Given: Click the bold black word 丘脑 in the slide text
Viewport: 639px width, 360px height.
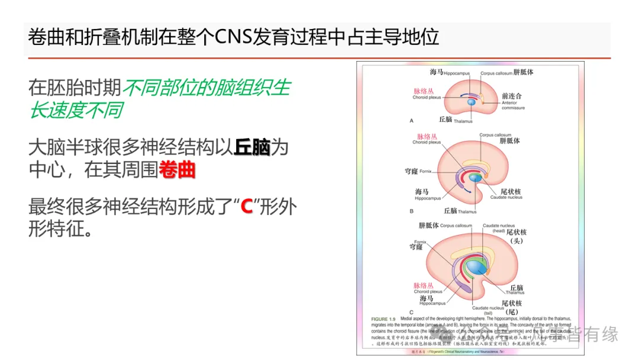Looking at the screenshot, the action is tap(252, 146).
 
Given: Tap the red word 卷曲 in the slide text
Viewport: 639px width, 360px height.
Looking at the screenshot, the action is tap(177, 171).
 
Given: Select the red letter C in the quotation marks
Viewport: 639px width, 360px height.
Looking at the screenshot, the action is tap(247, 207).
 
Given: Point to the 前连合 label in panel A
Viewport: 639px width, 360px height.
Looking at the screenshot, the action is tap(511, 95).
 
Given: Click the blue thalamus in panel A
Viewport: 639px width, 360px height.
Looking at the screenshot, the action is tap(471, 102).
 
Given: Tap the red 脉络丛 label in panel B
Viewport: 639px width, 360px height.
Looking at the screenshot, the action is tap(427, 136).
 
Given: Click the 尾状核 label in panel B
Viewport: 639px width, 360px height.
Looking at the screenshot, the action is tap(509, 191).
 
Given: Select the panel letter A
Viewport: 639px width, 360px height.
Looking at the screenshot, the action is tap(411, 120).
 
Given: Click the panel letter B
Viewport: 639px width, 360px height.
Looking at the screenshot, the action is tap(411, 210).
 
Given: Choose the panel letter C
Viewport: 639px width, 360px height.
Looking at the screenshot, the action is tap(411, 311).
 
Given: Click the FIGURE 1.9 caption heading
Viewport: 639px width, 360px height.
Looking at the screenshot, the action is tap(384, 320).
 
